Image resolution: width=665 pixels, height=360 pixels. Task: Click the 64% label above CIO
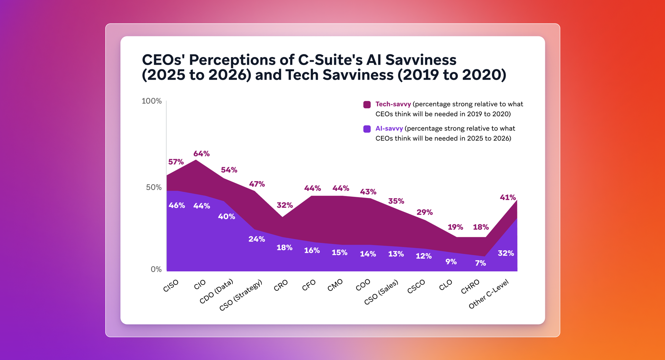(202, 154)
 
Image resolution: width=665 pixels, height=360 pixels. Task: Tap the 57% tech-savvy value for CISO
(176, 162)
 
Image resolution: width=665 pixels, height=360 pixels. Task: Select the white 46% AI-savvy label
(177, 206)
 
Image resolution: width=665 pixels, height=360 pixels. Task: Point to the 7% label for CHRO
(480, 263)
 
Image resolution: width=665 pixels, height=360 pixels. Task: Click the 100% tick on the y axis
(152, 101)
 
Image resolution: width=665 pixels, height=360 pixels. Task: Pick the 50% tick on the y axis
(154, 188)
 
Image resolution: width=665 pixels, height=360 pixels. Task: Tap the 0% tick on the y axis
(156, 270)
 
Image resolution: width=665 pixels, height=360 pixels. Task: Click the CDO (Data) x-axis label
(216, 291)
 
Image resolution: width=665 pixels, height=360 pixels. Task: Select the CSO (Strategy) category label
(241, 295)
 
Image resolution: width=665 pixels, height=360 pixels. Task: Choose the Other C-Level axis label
(488, 294)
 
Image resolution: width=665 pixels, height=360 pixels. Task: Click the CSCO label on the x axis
(416, 287)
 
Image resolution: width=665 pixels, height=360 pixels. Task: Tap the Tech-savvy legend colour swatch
(367, 105)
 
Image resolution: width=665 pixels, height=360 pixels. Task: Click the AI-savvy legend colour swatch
(367, 129)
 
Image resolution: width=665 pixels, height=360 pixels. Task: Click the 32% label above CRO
(285, 205)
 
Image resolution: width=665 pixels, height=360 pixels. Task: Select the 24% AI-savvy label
(257, 239)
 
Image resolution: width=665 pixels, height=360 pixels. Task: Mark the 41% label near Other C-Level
(508, 198)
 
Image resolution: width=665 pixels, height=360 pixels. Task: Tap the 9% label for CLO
(451, 262)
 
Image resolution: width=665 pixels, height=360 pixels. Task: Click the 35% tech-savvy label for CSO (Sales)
(396, 201)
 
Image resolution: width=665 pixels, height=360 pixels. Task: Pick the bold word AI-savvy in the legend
(389, 129)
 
